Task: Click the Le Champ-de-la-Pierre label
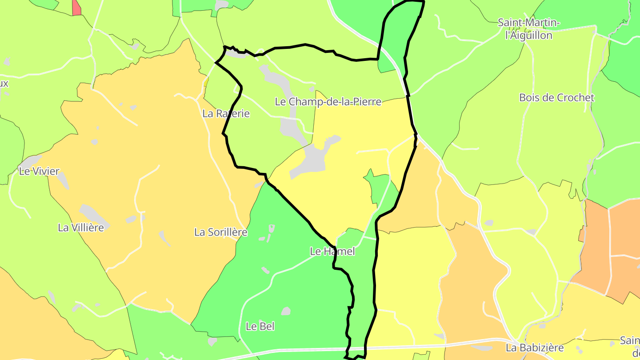pyautogui.click(x=328, y=102)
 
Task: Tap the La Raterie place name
pyautogui.click(x=226, y=114)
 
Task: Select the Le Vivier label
pyautogui.click(x=39, y=171)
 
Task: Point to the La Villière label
pyautogui.click(x=81, y=228)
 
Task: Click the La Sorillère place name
pyautogui.click(x=221, y=232)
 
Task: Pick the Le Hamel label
pyautogui.click(x=332, y=252)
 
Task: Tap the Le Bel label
pyautogui.click(x=260, y=326)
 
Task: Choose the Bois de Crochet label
pyautogui.click(x=556, y=98)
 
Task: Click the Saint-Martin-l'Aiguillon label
pyautogui.click(x=529, y=29)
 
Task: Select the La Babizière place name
pyautogui.click(x=535, y=348)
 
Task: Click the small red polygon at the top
pyautogui.click(x=76, y=8)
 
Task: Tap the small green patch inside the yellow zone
pyautogui.click(x=378, y=187)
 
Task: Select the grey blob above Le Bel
pyautogui.click(x=286, y=311)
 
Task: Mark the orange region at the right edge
pyautogui.click(x=609, y=249)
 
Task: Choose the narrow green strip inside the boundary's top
pyautogui.click(x=396, y=36)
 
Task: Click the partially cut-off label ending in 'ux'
pyautogui.click(x=4, y=84)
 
